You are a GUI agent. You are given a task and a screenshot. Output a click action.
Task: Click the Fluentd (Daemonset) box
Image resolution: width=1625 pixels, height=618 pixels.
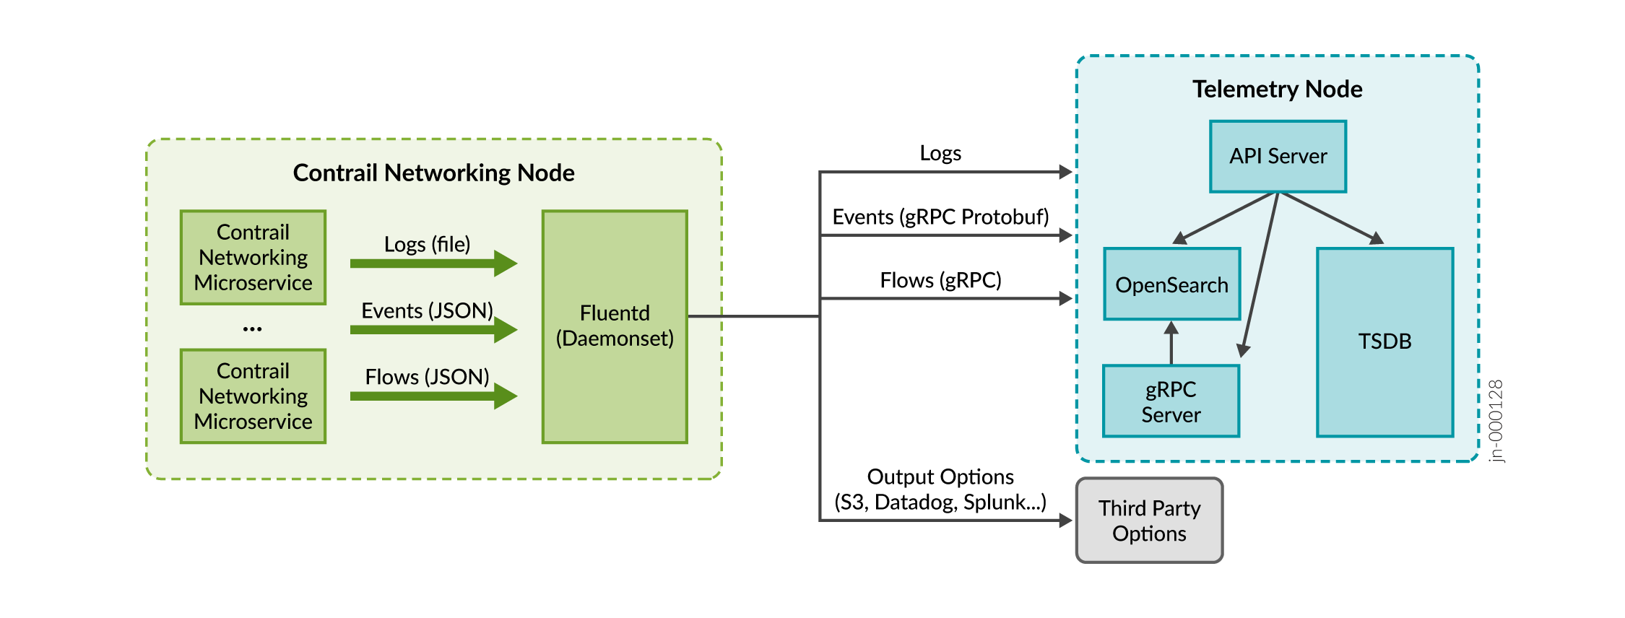coord(615,326)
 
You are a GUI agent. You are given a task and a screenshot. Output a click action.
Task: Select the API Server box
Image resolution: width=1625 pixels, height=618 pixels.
coord(1278,156)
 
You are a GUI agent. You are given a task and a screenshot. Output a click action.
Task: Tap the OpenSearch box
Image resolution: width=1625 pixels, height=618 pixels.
coord(1171,284)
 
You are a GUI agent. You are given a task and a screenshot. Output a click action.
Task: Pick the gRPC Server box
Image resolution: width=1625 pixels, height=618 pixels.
coord(1171,401)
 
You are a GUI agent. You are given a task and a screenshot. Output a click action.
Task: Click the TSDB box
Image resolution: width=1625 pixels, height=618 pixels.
coord(1384,341)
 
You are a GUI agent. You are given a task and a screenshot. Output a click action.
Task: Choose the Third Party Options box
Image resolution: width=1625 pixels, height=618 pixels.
coord(1149,521)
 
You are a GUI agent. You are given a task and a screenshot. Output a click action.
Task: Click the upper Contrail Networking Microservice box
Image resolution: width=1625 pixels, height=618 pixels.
coord(253,257)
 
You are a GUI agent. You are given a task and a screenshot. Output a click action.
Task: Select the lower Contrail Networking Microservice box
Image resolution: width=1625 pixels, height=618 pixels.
coord(253,396)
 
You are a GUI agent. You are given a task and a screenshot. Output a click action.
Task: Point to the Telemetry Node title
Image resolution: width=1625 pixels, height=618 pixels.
coord(1277,89)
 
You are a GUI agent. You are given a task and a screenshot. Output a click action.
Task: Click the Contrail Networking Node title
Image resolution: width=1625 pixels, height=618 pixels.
coord(433,173)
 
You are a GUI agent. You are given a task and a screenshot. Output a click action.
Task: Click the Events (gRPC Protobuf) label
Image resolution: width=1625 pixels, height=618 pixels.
coord(940,217)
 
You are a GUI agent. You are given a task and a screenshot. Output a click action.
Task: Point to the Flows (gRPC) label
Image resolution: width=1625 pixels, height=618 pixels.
coord(940,280)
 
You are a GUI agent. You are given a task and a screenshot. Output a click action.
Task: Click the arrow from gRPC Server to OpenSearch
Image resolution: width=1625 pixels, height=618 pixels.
coord(1171,343)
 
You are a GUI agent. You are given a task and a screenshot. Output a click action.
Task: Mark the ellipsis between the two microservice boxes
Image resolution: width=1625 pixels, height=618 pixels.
coord(252,329)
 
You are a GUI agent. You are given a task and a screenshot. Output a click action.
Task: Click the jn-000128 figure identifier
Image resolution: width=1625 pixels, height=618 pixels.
coord(1496,421)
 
